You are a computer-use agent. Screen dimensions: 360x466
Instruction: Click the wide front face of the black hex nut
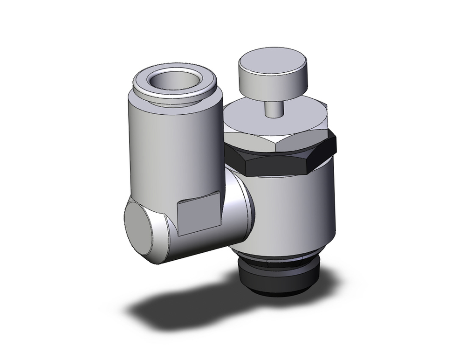[280, 163]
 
